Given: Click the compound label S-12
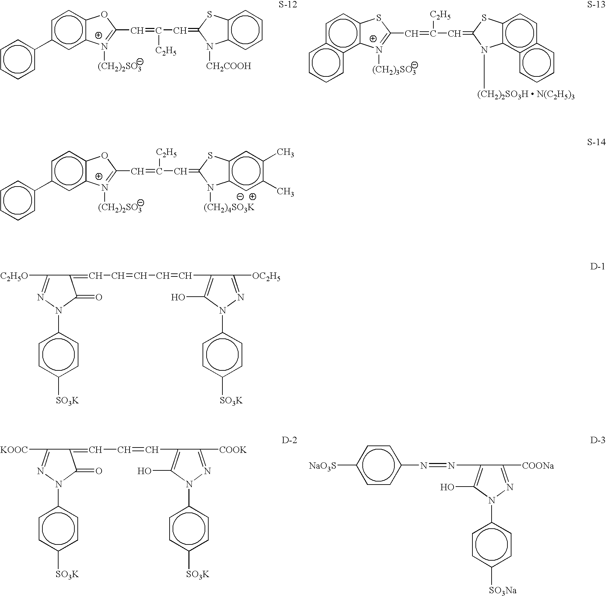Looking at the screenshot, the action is pos(288,5).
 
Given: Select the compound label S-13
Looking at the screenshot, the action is pos(596,5).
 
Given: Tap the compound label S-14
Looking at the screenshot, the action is pos(596,142).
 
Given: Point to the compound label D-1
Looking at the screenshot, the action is pos(598,267).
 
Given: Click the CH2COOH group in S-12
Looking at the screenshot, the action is pos(228,66).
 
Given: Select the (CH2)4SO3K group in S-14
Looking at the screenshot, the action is pos(229,207).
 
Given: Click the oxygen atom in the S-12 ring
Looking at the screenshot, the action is pos(104,14).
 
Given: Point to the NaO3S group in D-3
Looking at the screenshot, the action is pos(322,466).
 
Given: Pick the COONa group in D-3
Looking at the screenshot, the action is pos(538,466).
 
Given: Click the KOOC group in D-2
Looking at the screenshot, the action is pos(14,450).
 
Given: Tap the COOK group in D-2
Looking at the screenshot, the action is pos(233,450).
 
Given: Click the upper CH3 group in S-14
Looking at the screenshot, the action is pos(285,153).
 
